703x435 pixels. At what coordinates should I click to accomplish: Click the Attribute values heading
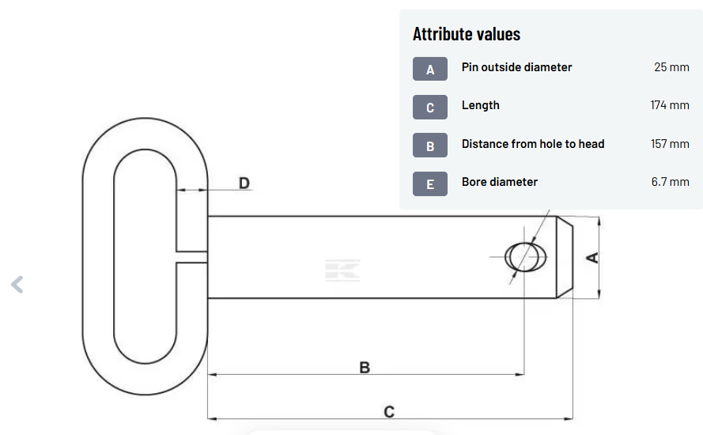pyautogui.click(x=467, y=34)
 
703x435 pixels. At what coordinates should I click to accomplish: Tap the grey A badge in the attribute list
pyautogui.click(x=430, y=69)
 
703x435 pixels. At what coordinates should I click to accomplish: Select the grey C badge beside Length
pyautogui.click(x=430, y=108)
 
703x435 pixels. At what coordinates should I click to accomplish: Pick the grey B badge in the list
pyautogui.click(x=430, y=146)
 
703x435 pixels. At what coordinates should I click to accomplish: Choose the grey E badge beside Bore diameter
pyautogui.click(x=430, y=183)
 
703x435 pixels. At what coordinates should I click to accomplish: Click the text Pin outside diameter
pyautogui.click(x=516, y=67)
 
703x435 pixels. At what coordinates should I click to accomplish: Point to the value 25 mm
pyautogui.click(x=671, y=67)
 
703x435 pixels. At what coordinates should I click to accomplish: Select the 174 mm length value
pyautogui.click(x=670, y=105)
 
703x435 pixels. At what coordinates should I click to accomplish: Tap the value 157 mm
pyautogui.click(x=670, y=144)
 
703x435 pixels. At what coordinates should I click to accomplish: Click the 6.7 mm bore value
pyautogui.click(x=671, y=182)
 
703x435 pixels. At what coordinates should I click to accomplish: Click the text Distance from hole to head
pyautogui.click(x=533, y=144)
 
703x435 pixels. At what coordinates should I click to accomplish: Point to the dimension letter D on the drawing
pyautogui.click(x=244, y=183)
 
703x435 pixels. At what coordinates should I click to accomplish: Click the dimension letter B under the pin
pyautogui.click(x=365, y=368)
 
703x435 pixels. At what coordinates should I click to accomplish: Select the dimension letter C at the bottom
pyautogui.click(x=389, y=412)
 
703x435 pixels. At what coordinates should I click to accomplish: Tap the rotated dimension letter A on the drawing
pyautogui.click(x=593, y=257)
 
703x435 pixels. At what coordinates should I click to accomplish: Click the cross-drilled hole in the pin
pyautogui.click(x=525, y=257)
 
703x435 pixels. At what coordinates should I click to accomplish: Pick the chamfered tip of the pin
pyautogui.click(x=565, y=257)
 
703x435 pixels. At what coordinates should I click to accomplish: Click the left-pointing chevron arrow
pyautogui.click(x=17, y=284)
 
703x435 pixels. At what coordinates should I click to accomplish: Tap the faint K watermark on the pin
pyautogui.click(x=342, y=270)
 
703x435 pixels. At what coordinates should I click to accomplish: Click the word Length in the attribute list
pyautogui.click(x=481, y=105)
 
